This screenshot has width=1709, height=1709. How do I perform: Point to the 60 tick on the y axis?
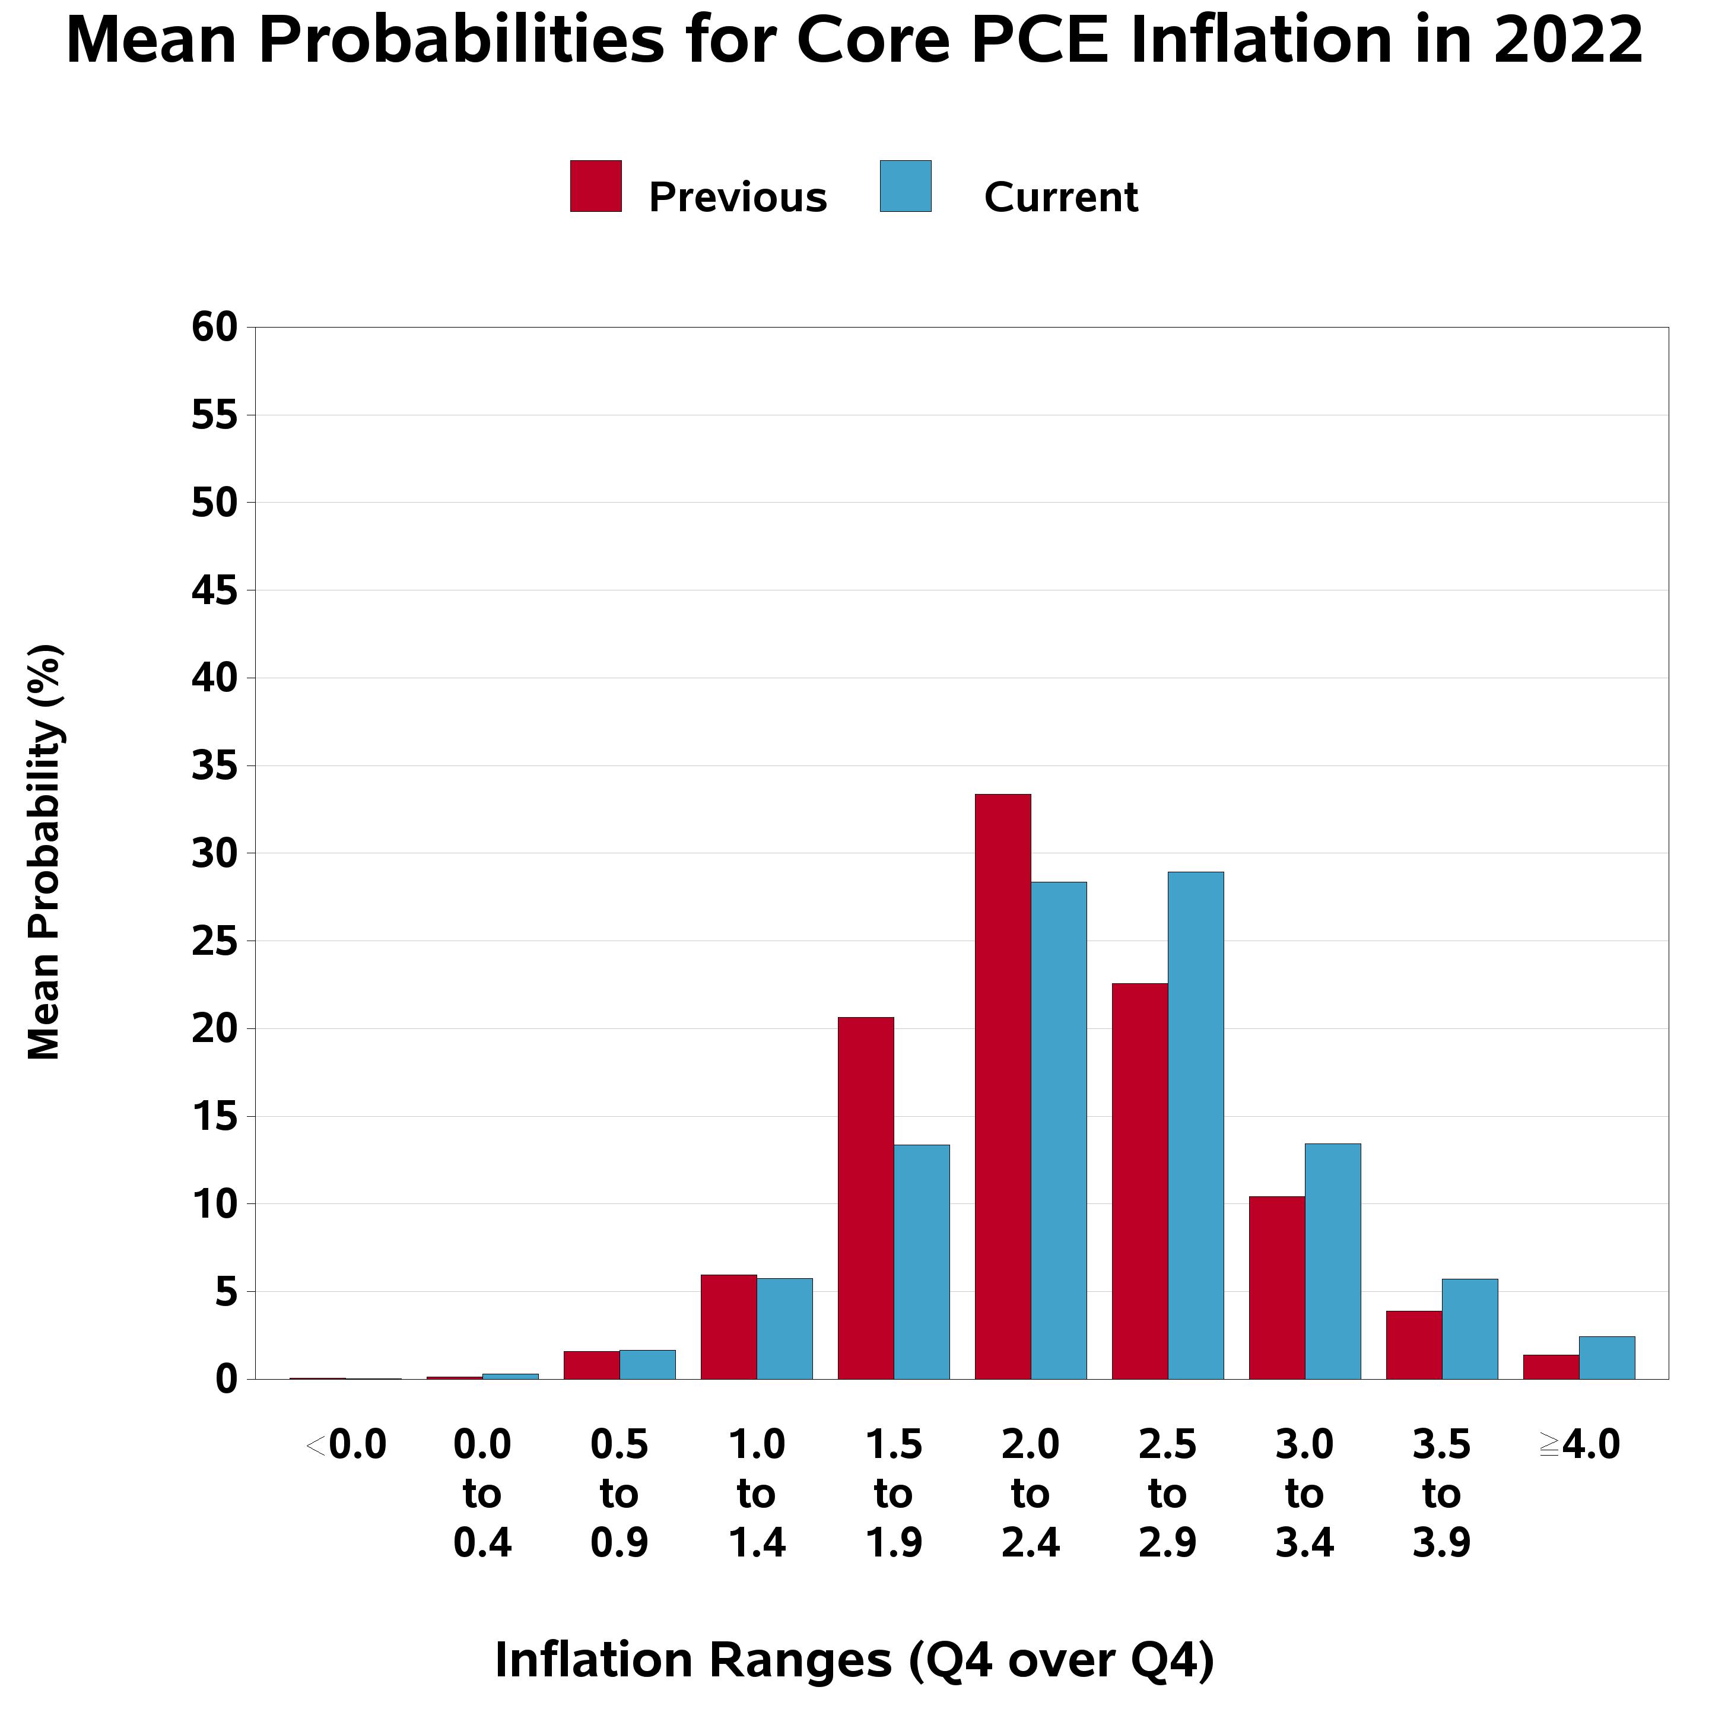coord(215,328)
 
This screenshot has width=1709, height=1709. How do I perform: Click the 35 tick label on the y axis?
coord(215,766)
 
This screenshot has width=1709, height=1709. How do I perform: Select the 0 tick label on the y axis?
coord(227,1380)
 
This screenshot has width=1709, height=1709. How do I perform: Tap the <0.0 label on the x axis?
coord(346,1446)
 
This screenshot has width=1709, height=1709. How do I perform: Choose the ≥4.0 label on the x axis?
coord(1579,1446)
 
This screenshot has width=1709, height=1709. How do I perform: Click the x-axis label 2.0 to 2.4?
coord(1031,1494)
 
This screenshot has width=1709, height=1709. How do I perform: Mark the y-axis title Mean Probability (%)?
coord(45,852)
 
